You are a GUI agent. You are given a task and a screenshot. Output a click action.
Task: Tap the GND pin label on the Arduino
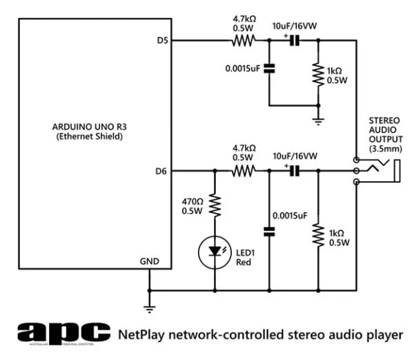(149, 261)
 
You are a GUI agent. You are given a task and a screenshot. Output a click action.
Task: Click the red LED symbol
(215, 253)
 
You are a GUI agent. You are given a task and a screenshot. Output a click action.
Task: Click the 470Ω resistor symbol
(215, 205)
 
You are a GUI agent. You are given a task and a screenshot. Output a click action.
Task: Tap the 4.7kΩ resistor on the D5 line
(244, 41)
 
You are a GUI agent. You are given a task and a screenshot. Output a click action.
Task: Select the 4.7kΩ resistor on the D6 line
(244, 170)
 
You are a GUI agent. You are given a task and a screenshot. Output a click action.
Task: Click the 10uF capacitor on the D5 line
(294, 41)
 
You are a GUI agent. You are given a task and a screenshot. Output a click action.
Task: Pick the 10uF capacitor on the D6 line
(294, 170)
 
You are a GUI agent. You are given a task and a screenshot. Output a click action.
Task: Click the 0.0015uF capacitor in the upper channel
(268, 69)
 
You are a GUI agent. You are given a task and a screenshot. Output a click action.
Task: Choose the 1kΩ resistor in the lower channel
(317, 234)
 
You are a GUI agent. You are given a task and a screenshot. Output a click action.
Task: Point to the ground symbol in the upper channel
(317, 121)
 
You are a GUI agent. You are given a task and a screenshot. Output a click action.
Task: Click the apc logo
(63, 334)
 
